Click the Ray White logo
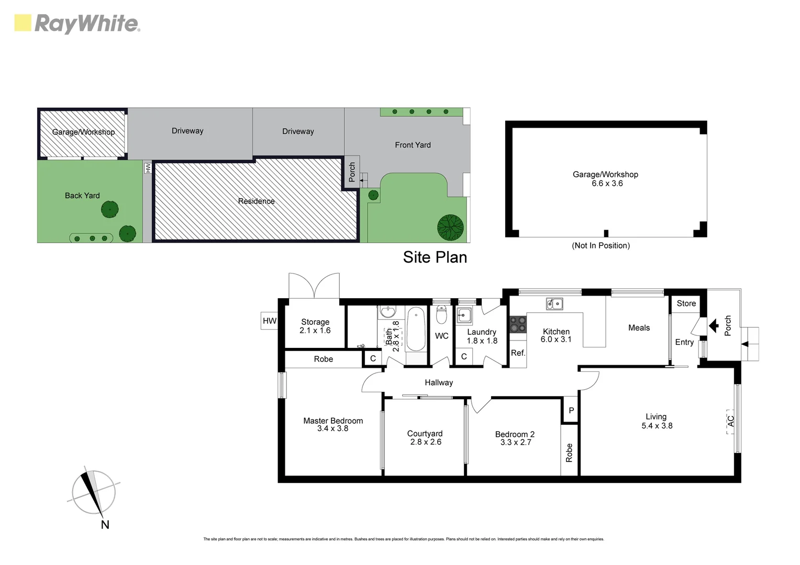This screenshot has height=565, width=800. click(x=77, y=24)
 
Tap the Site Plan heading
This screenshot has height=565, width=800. click(x=435, y=257)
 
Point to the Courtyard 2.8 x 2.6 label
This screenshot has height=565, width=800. click(x=425, y=438)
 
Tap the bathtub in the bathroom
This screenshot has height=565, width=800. click(x=416, y=329)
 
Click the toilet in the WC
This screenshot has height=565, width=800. click(x=441, y=315)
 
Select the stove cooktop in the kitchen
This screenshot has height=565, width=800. click(x=518, y=325)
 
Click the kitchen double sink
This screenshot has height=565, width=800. click(x=554, y=303)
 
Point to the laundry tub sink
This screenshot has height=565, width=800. click(x=464, y=315)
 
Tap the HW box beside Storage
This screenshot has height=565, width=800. click(x=269, y=321)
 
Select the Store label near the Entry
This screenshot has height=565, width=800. click(x=686, y=303)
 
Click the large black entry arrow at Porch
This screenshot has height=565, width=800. click(x=713, y=326)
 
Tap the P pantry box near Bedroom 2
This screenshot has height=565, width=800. click(x=571, y=411)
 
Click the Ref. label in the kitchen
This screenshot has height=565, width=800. click(x=518, y=353)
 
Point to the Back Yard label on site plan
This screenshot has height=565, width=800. click(x=82, y=196)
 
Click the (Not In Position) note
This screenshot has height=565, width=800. click(x=601, y=245)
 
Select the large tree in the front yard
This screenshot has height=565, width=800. click(x=450, y=225)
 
